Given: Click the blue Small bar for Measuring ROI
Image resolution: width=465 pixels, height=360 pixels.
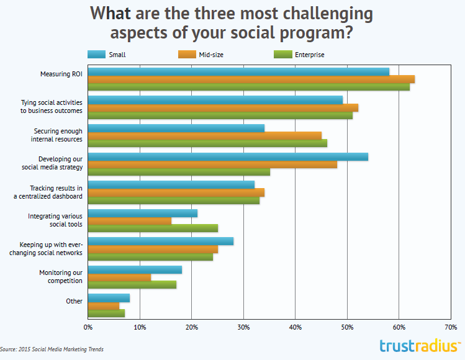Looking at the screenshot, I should (238, 71).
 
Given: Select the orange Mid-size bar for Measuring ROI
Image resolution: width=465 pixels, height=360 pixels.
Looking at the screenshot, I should (251, 79).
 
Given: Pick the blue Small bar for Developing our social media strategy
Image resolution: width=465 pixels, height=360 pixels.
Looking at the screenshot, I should (228, 157).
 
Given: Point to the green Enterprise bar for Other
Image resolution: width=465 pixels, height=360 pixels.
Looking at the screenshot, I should (106, 313).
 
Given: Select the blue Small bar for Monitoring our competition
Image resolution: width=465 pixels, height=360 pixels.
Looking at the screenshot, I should (135, 270).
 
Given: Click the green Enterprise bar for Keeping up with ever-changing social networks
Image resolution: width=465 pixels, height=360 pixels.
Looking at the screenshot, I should (150, 256).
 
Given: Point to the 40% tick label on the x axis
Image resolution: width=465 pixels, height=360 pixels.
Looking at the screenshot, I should (295, 326).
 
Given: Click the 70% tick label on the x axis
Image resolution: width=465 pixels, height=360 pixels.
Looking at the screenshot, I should (451, 326).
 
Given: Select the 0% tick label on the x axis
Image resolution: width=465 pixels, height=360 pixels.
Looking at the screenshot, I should (88, 326).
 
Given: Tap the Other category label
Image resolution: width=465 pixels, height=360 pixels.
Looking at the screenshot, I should (74, 302).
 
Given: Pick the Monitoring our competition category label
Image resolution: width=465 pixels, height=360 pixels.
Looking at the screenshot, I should (61, 276).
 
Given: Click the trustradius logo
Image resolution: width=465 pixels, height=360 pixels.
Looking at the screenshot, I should (420, 346).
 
